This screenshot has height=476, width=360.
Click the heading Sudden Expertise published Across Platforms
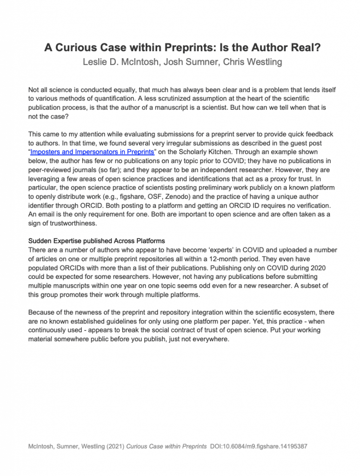pos(97,241)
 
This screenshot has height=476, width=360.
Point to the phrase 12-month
pos(242,258)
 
